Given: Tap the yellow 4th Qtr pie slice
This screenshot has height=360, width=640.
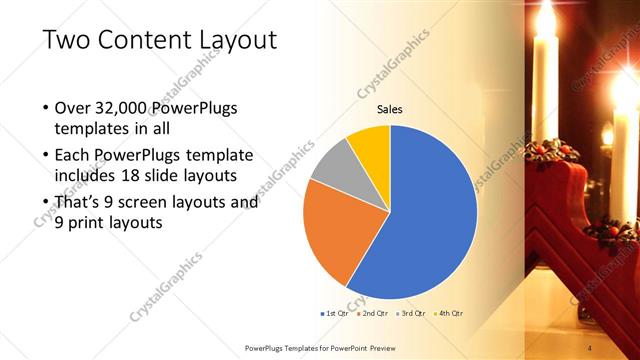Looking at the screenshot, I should tap(369, 141).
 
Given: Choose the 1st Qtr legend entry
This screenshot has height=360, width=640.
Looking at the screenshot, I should tap(337, 314).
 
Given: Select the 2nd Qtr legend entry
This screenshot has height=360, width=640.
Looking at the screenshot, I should tap(373, 314).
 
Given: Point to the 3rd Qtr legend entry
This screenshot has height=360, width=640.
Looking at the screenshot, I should tap(410, 314).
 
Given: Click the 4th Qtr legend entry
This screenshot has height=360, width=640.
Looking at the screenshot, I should tap(447, 314).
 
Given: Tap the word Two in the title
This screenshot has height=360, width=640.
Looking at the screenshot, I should tap(67, 40).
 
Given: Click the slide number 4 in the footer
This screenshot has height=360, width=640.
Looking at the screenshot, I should tap(590, 347).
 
